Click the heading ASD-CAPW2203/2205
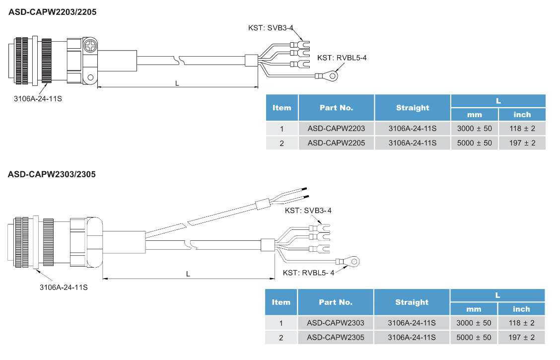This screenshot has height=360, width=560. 52,12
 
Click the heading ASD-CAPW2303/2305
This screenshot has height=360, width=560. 52,174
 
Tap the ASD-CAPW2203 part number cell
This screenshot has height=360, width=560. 336,129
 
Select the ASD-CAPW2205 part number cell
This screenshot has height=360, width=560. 336,143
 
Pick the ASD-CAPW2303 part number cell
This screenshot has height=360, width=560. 335,323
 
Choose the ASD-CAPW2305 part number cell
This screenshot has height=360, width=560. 335,338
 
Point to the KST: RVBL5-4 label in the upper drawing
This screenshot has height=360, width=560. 342,58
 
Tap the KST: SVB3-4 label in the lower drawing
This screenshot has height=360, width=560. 308,211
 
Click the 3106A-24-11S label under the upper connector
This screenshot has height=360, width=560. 38,98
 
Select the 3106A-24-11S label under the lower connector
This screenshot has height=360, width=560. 64,287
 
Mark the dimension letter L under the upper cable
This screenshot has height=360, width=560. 177,83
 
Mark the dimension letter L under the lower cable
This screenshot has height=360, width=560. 188,274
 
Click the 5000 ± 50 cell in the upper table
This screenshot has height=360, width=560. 474,143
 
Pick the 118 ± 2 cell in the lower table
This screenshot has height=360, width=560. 521,323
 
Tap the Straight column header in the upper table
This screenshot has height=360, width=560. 412,108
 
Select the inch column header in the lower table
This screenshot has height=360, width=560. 521,309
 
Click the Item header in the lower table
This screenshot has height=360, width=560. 281,302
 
